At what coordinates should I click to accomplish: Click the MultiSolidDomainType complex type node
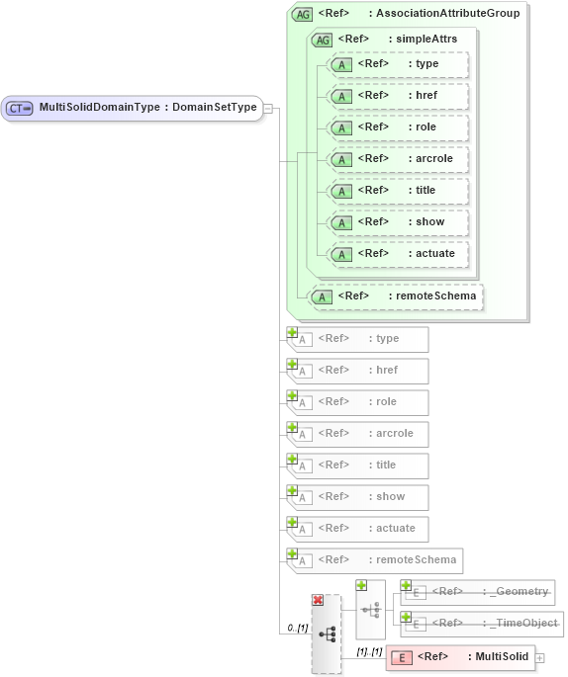point(133,108)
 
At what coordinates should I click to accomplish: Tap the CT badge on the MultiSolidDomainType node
point(20,108)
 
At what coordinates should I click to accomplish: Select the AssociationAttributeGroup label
point(447,14)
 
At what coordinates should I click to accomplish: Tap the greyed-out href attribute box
point(358,371)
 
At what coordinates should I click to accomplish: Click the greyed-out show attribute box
point(358,497)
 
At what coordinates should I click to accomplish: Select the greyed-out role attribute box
point(358,402)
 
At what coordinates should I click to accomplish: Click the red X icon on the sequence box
point(318,600)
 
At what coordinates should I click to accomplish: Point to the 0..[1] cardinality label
point(295,628)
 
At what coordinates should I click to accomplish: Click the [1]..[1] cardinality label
point(368,652)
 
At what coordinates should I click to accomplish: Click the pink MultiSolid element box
point(459,657)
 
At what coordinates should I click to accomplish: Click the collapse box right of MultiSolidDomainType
point(268,109)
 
